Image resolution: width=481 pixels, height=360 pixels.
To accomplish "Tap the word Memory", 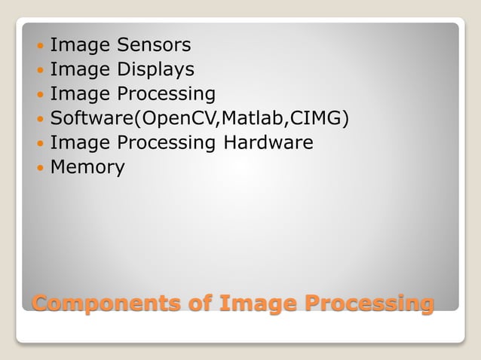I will click(x=87, y=167).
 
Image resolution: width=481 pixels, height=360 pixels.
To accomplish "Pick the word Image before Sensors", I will click(x=79, y=46).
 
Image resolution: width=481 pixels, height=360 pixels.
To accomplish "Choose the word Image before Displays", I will click(x=79, y=70).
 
